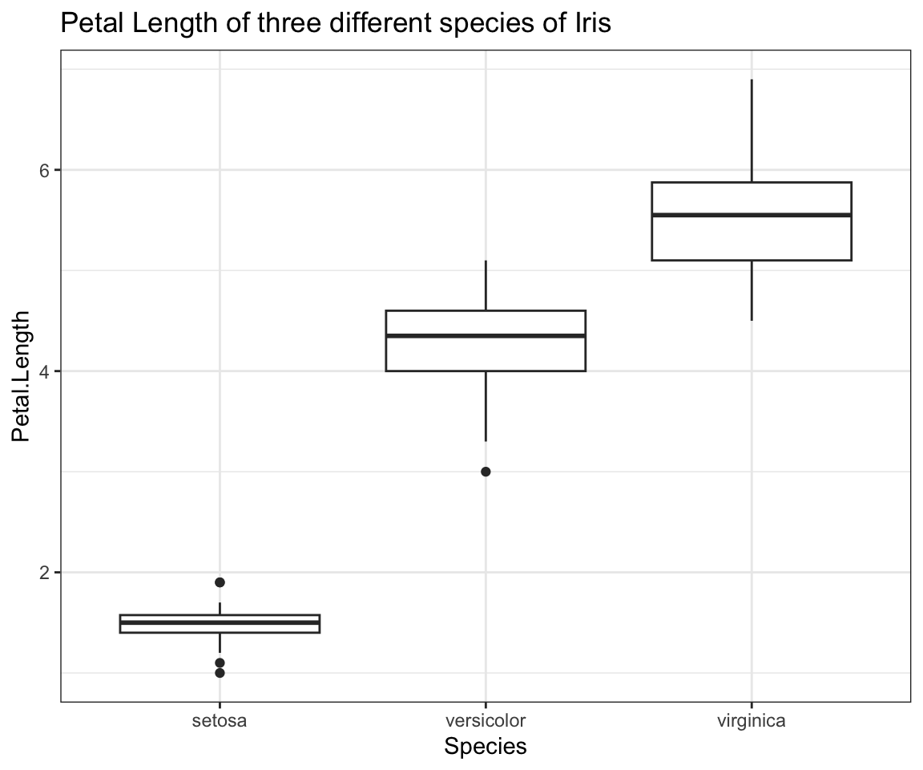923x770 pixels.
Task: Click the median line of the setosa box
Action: [220, 622]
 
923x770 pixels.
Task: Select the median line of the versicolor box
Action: [486, 335]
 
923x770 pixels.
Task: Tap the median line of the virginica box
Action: [752, 215]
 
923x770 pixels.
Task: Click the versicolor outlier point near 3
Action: [486, 472]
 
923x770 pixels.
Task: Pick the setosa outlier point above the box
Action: [220, 582]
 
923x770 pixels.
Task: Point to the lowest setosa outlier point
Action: [220, 672]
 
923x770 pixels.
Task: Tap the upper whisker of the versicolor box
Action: [486, 286]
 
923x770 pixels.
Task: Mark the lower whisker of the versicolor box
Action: [486, 406]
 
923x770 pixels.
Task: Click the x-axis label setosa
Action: [220, 720]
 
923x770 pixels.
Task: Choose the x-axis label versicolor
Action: [486, 720]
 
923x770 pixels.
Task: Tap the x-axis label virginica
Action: [752, 720]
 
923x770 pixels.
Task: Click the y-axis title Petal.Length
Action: [22, 376]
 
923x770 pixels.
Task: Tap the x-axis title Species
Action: [486, 747]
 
